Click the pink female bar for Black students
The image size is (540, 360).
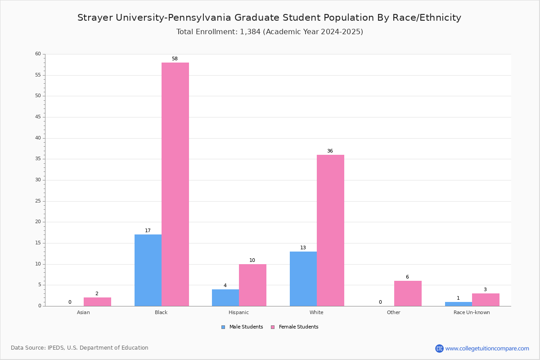[175, 184]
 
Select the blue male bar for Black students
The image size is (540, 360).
[148, 270]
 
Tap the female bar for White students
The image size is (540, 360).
[330, 230]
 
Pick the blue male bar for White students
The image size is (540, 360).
[303, 279]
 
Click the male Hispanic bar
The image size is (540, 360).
[225, 298]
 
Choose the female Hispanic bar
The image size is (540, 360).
[252, 285]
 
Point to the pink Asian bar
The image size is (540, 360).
[97, 302]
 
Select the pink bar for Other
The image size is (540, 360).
[408, 293]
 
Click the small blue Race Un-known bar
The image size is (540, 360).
[459, 304]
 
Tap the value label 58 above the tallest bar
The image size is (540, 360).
[175, 58]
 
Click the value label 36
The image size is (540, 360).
[330, 151]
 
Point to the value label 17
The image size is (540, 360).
[148, 230]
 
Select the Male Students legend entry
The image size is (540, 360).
[242, 327]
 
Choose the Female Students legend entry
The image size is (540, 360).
[295, 327]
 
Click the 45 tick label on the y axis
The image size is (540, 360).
[38, 117]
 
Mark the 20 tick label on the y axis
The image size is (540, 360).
[38, 221]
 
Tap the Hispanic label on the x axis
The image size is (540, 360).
[238, 312]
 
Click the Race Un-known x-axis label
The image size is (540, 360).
[472, 312]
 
